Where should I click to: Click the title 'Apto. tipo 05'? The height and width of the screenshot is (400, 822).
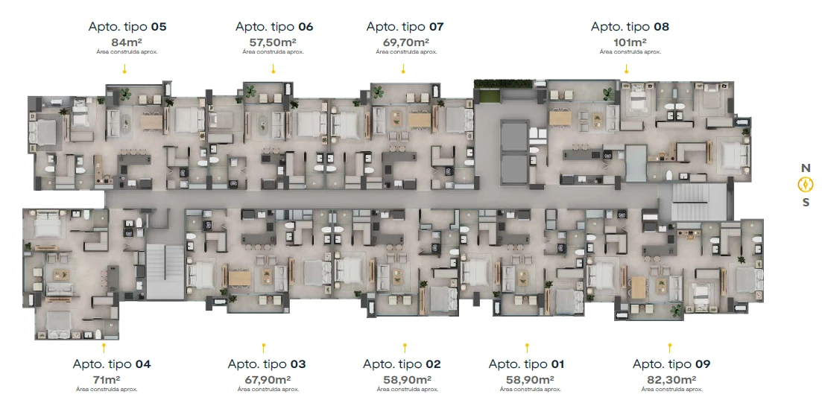(x=127, y=27)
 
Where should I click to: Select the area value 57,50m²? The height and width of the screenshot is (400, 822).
(x=273, y=42)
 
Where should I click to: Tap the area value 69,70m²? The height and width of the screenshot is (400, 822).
(x=405, y=42)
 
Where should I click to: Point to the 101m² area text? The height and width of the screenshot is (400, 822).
(x=630, y=42)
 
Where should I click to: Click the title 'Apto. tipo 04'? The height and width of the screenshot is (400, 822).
(x=112, y=364)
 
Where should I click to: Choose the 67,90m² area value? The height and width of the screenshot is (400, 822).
(x=268, y=379)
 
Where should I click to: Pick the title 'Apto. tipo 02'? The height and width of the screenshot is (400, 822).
(x=402, y=364)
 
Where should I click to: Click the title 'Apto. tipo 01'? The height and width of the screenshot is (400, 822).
(x=526, y=364)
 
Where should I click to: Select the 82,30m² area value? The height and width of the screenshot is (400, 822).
(x=671, y=379)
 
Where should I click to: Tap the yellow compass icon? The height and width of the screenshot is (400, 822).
(x=805, y=185)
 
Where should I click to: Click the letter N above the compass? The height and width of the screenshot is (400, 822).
(x=806, y=168)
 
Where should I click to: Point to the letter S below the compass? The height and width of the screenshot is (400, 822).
(x=806, y=202)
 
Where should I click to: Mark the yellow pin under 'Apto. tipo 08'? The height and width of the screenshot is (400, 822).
(x=627, y=69)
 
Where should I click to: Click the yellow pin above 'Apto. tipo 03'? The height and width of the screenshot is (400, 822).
(x=264, y=348)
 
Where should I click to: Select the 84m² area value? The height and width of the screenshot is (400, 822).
(x=127, y=42)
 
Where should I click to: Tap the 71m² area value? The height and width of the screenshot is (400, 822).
(x=107, y=379)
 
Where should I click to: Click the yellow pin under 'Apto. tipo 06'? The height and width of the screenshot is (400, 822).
(x=273, y=69)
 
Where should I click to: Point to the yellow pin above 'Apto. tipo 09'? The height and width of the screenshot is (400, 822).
(x=669, y=348)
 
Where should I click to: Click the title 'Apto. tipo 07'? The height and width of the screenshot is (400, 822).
(x=405, y=27)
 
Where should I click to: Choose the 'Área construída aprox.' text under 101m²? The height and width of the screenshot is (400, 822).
(x=630, y=52)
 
